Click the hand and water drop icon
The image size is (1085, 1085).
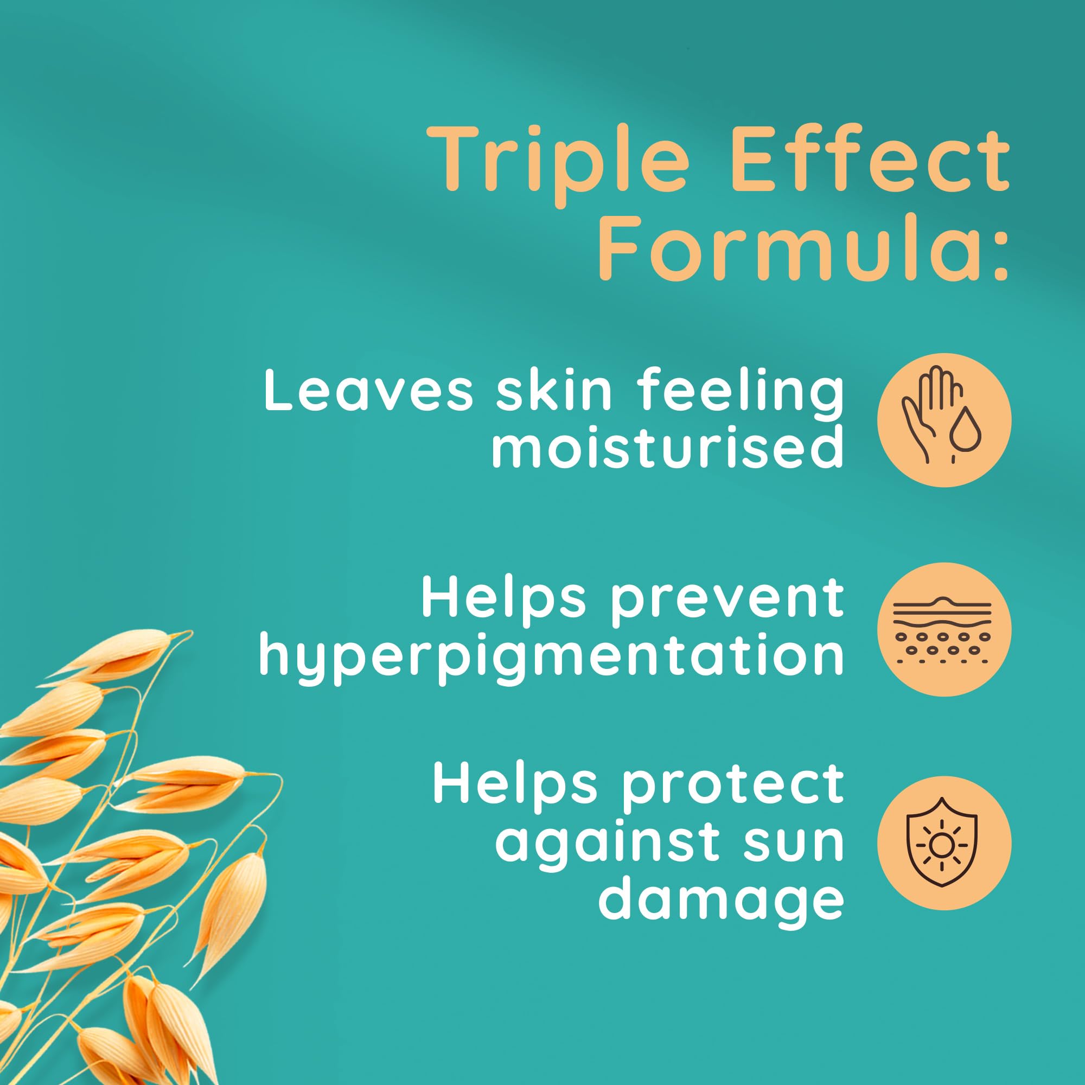point(944,420)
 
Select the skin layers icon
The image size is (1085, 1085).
point(944,629)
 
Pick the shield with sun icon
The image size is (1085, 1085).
point(944,843)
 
